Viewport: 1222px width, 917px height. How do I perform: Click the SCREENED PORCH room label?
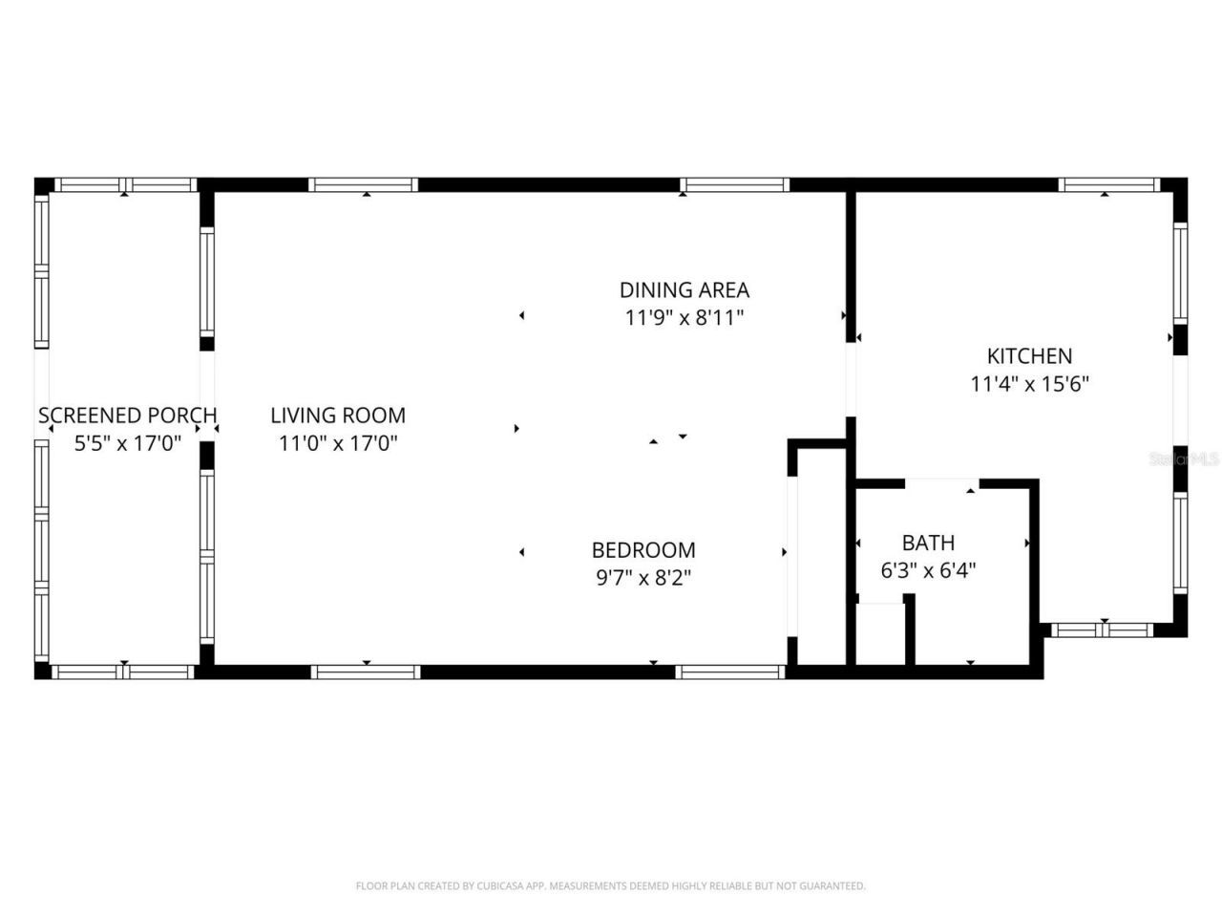click(127, 416)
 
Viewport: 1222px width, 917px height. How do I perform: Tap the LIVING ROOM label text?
click(338, 416)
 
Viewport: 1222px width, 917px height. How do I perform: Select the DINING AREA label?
click(685, 289)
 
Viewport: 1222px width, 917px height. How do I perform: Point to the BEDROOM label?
click(643, 550)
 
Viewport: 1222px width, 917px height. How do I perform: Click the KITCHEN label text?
click(1029, 356)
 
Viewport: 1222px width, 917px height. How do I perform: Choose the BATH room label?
click(928, 544)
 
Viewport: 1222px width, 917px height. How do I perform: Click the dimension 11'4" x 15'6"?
click(1030, 385)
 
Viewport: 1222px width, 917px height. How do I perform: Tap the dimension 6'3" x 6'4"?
click(928, 571)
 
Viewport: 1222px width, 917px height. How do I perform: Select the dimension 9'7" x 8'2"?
click(643, 578)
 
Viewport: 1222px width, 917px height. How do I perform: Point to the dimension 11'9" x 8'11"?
click(685, 318)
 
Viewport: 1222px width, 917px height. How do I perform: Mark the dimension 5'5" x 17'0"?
click(128, 443)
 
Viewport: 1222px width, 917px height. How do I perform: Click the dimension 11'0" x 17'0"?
click(338, 443)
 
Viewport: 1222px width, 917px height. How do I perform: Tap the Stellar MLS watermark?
click(1184, 458)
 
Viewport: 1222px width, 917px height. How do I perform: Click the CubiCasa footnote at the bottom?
click(611, 886)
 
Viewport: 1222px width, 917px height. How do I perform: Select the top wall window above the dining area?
click(734, 185)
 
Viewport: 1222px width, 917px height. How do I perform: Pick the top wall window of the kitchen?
click(1109, 185)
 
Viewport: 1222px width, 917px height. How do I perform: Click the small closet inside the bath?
click(880, 632)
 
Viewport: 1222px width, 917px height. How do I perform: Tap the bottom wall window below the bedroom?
click(730, 672)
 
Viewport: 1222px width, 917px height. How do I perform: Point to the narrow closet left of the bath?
click(822, 554)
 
